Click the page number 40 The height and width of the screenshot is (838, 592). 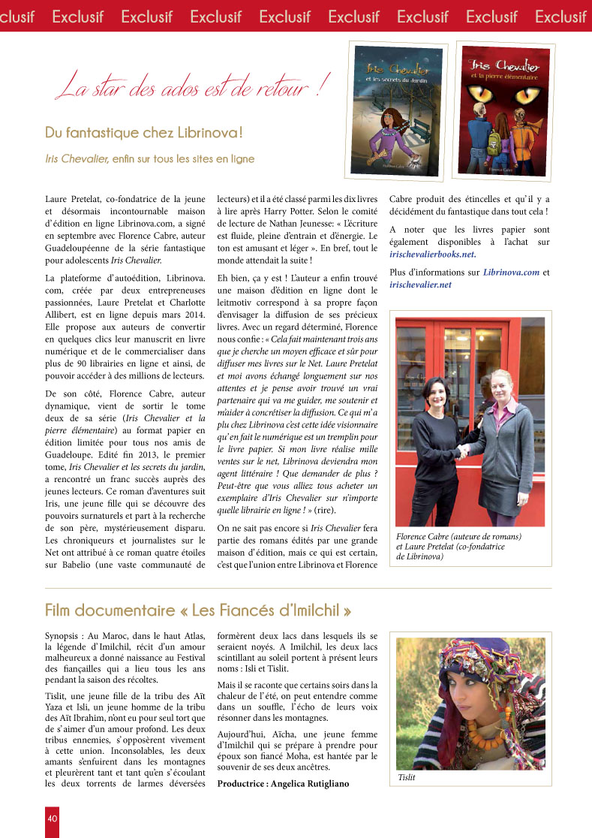52,818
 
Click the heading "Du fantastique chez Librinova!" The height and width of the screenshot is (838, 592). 143,133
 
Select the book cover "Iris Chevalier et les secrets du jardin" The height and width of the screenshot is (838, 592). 397,107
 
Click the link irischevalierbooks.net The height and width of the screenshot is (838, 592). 432,254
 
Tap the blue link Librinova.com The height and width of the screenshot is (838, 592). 509,272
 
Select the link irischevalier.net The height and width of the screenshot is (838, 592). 420,285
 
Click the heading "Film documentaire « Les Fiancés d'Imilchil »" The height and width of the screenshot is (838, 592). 198,609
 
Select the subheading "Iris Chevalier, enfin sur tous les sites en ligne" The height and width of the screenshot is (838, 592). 149,158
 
